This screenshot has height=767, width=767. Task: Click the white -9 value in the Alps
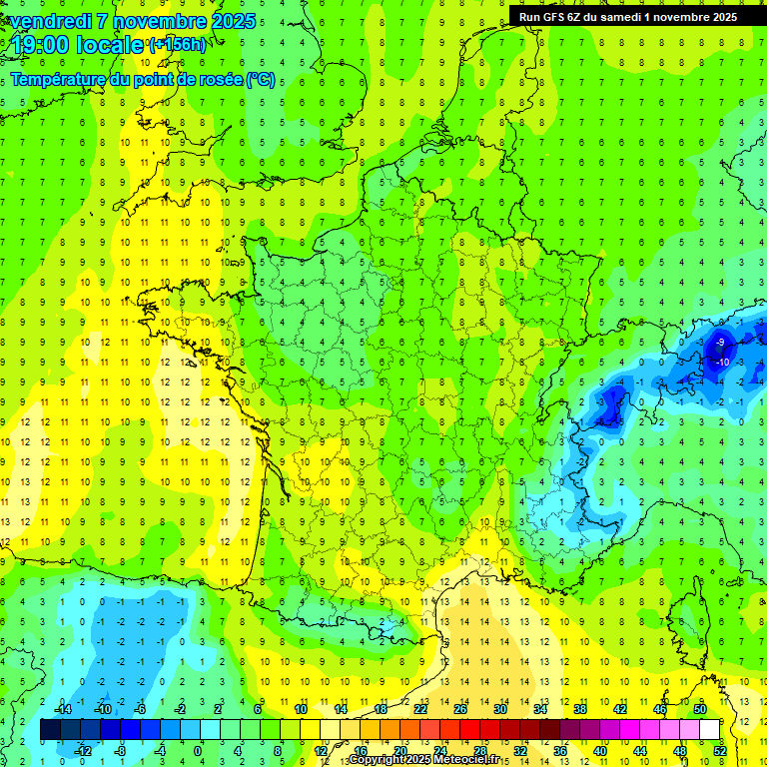721,343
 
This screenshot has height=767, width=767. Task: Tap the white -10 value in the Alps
723,362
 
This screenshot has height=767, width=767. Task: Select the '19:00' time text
40,44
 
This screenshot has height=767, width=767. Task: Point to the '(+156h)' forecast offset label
177,45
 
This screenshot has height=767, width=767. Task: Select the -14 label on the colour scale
62,709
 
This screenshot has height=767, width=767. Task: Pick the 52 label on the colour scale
720,750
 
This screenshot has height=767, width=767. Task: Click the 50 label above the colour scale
700,709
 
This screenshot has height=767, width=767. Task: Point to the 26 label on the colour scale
460,709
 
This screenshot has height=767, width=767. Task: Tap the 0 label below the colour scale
198,750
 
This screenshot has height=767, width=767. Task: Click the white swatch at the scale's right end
709,729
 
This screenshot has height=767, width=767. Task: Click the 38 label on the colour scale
580,709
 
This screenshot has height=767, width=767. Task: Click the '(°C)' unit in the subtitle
261,79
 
